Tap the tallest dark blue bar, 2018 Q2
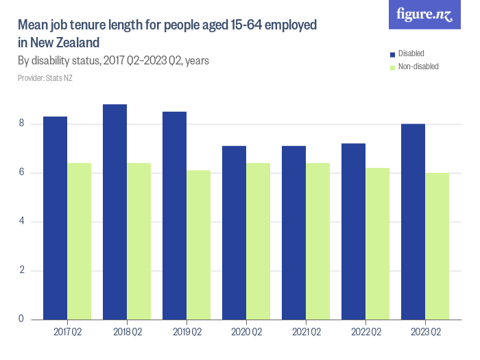click(x=115, y=212)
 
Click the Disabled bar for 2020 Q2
click(x=234, y=232)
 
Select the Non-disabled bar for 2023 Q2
click(x=437, y=246)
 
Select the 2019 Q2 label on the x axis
click(x=187, y=333)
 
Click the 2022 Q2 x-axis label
click(x=365, y=333)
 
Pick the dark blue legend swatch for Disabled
click(x=392, y=53)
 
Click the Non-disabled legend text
click(x=418, y=67)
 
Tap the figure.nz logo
click(x=424, y=14)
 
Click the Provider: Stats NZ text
click(x=45, y=78)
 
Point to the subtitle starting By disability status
click(x=113, y=61)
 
